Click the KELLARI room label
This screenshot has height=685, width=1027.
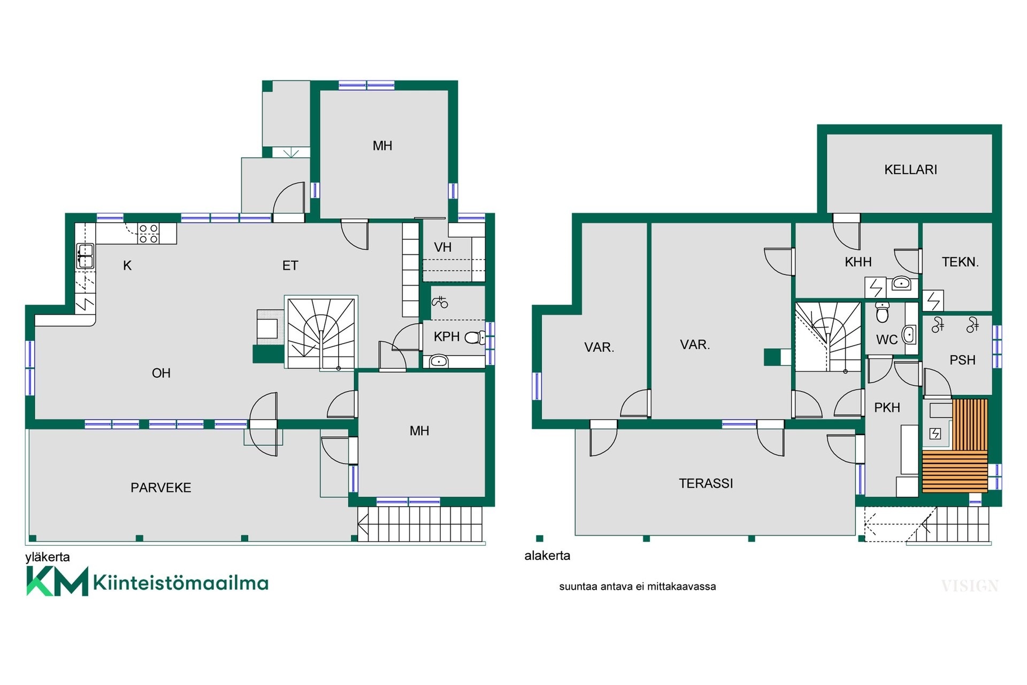pos(910,170)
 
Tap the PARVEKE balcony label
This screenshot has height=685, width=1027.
pos(161,488)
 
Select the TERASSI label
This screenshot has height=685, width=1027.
pos(706,483)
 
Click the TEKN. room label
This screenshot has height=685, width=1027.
pos(960,262)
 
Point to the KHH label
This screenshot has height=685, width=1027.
pos(858,262)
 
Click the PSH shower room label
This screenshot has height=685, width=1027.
pos(962,360)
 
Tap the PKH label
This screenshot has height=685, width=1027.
pos(887,408)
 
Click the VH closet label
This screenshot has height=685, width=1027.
pos(443,247)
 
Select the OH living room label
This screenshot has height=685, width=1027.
pos(161,373)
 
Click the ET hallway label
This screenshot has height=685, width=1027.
pos(290,265)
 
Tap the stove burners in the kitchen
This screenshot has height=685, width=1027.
pos(149,234)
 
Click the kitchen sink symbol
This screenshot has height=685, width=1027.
pos(85,256)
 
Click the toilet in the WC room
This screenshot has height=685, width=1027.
pos(883,313)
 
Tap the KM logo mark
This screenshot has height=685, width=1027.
pos(57,582)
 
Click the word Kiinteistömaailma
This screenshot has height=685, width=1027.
pos(181,582)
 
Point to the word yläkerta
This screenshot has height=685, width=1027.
pos(48,557)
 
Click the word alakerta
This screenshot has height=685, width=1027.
pos(547,555)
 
